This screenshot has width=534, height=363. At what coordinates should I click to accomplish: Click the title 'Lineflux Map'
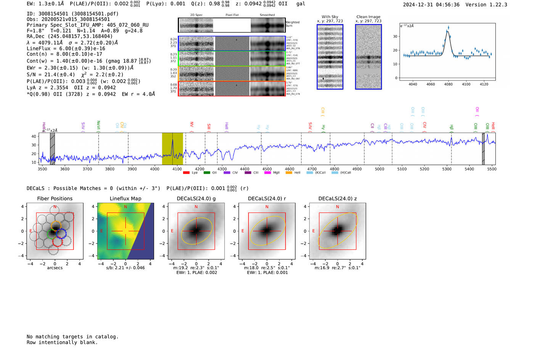pos(125,198)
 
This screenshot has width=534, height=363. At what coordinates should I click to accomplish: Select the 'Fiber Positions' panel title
pos(55,198)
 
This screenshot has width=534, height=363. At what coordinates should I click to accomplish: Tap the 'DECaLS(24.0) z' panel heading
pos(337,198)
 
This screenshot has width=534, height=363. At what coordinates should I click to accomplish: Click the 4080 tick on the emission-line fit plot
pos(448,84)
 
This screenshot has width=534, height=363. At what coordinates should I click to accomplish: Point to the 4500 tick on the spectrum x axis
pos(267,169)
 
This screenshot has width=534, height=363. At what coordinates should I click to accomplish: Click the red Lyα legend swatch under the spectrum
pos(186,173)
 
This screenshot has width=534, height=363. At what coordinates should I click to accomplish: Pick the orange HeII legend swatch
pos(289,173)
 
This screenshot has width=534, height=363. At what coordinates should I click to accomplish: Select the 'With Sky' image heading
pos(330,17)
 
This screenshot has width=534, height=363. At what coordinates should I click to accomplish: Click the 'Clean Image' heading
pos(368,17)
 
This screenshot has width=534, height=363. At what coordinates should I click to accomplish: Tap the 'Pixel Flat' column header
pos(232,15)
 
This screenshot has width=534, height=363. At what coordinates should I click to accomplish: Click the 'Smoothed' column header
pos(267,15)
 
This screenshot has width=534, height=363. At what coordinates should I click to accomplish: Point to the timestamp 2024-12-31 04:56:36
pos(431,5)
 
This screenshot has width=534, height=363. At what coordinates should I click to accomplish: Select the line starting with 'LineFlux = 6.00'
pos(66,48)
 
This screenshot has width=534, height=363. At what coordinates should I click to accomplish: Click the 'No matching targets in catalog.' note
pos(72,336)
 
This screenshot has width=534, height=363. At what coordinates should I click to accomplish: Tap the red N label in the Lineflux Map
pos(125,207)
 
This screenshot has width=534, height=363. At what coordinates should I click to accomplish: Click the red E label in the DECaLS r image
pos(243,231)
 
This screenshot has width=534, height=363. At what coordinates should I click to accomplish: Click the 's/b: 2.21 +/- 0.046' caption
pos(125,268)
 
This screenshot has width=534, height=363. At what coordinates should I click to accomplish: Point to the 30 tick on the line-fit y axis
pos(396,37)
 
